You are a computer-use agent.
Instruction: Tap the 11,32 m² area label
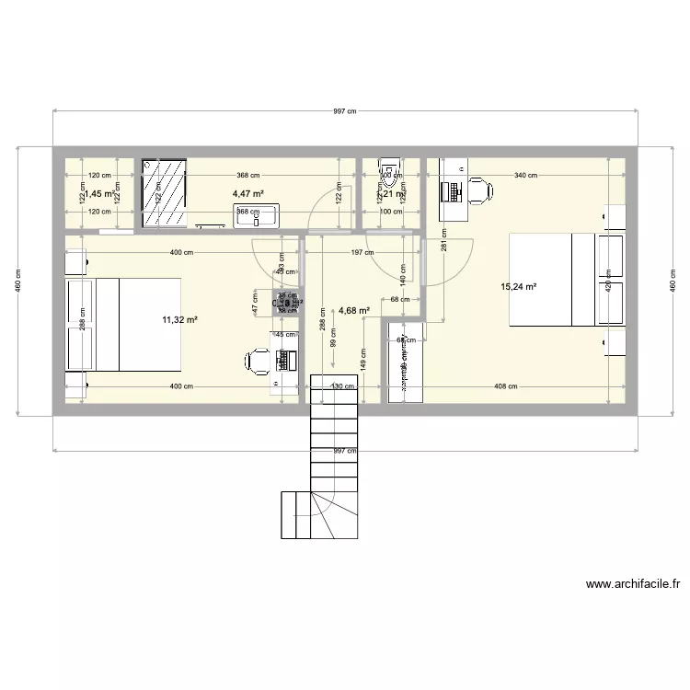click(x=180, y=319)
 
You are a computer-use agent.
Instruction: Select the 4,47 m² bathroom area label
click(x=247, y=194)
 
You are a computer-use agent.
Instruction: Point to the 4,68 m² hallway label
click(x=354, y=311)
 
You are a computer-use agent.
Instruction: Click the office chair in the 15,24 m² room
click(x=478, y=191)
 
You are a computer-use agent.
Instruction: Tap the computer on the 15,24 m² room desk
click(x=452, y=191)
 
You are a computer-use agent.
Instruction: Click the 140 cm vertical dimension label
click(x=401, y=272)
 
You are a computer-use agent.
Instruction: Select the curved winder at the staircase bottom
click(x=328, y=511)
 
